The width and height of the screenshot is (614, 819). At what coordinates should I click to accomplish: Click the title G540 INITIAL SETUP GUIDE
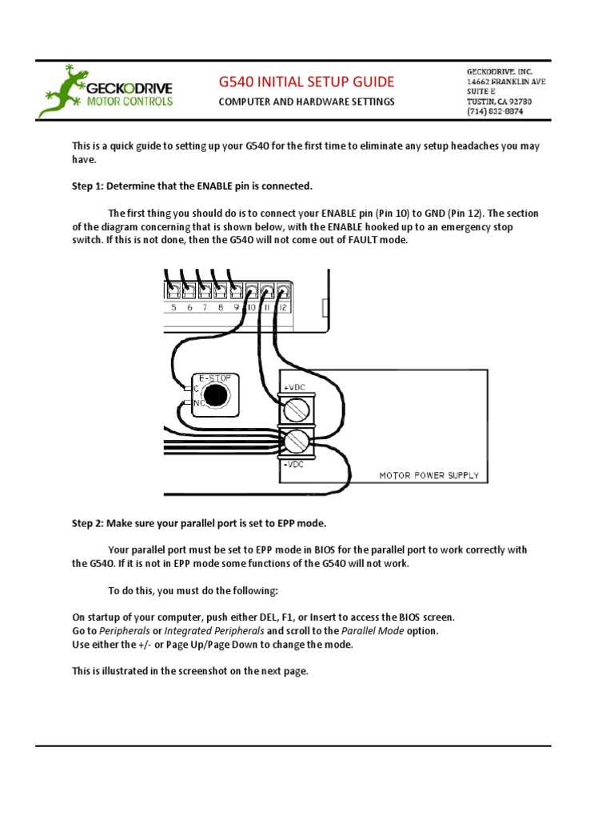coord(306,82)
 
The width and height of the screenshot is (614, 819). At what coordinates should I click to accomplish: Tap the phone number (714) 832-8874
coord(495,113)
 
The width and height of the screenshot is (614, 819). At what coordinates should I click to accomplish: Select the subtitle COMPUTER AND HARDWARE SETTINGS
coord(306,102)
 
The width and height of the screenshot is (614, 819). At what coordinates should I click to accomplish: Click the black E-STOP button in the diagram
coord(213,394)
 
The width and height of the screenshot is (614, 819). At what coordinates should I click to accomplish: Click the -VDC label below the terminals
coord(293,463)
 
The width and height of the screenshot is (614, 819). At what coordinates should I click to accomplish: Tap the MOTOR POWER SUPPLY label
coord(429,475)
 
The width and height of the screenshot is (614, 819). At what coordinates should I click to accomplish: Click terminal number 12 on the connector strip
coord(283,307)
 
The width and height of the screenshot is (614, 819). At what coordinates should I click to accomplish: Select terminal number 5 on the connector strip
coord(173,307)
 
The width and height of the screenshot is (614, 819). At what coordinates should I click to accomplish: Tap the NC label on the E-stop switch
coord(197,403)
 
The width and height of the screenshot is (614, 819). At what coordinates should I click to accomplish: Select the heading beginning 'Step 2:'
coord(199,523)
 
